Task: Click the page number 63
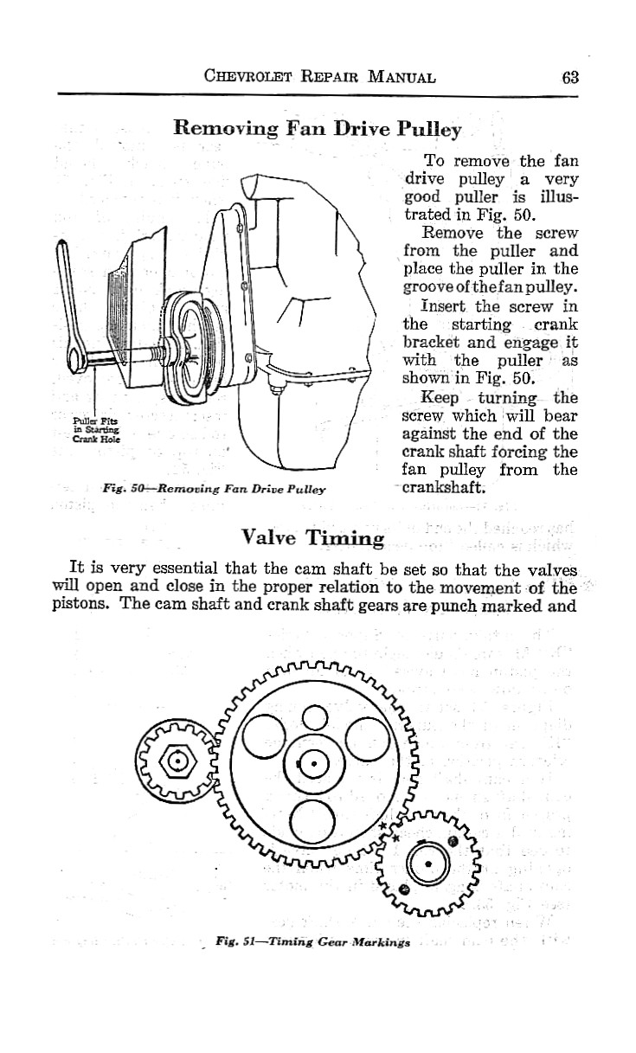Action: tap(569, 75)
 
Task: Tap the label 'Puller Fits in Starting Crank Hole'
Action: tap(97, 430)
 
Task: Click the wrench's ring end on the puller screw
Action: tap(74, 354)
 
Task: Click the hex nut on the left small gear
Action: tap(178, 761)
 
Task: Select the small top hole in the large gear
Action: tap(313, 717)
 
